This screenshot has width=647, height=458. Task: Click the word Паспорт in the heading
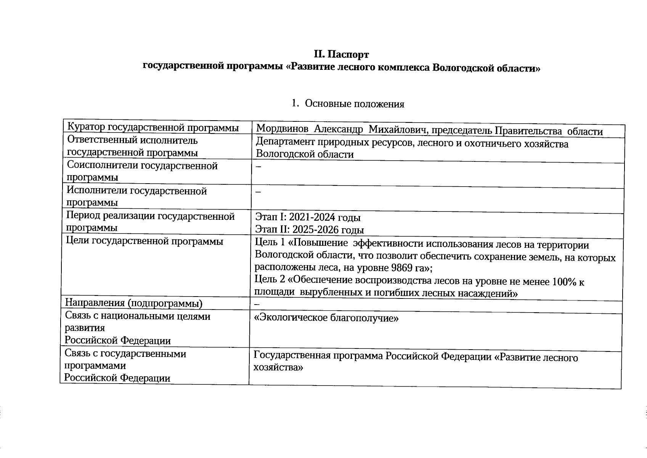pyautogui.click(x=349, y=55)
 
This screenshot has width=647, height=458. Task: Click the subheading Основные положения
pyautogui.click(x=354, y=104)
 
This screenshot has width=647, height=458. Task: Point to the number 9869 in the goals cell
pyautogui.click(x=398, y=268)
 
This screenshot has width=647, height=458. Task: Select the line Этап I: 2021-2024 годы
pyautogui.click(x=308, y=217)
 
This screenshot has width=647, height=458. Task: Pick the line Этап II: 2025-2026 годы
pyautogui.click(x=309, y=230)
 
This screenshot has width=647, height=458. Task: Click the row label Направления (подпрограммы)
pyautogui.click(x=133, y=303)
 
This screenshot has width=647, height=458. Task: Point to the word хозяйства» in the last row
pyautogui.click(x=278, y=368)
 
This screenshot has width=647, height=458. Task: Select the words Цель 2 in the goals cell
pyautogui.click(x=270, y=280)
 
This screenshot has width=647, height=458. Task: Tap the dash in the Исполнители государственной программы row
pyautogui.click(x=258, y=192)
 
